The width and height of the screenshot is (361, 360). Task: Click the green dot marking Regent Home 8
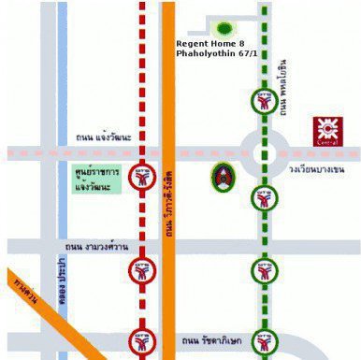[x=224, y=28]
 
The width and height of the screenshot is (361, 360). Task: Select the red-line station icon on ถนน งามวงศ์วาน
[x=142, y=271]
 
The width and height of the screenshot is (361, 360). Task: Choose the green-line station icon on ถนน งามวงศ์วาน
[x=265, y=271]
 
